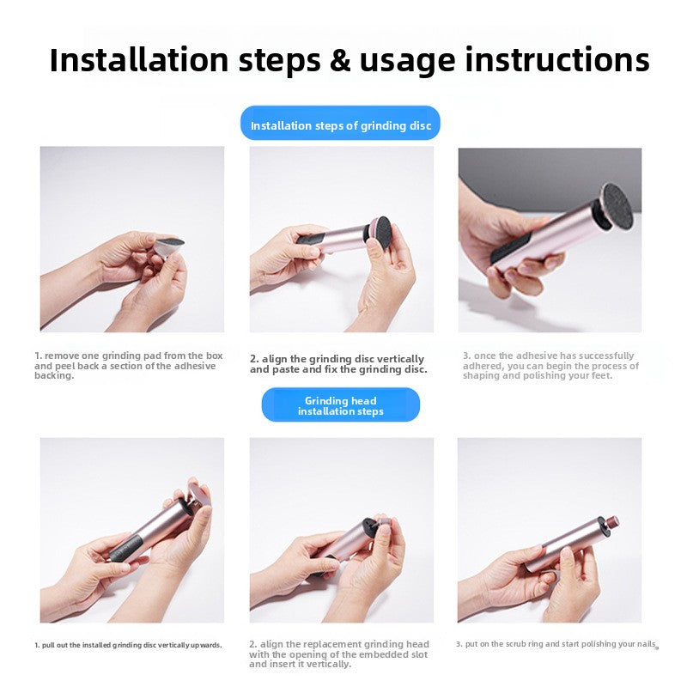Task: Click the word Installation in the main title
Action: click(x=139, y=59)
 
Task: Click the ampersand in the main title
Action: click(x=339, y=60)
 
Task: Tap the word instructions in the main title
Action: click(x=557, y=59)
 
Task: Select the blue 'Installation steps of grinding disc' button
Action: click(x=340, y=123)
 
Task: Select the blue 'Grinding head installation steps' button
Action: click(x=340, y=404)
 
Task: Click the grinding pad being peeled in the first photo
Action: click(x=168, y=246)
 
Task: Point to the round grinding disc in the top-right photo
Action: click(x=617, y=206)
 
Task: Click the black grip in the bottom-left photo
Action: click(x=125, y=549)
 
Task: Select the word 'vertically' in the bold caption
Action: click(x=400, y=359)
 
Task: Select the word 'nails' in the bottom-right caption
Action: click(x=646, y=643)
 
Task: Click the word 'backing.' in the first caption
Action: click(x=54, y=375)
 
